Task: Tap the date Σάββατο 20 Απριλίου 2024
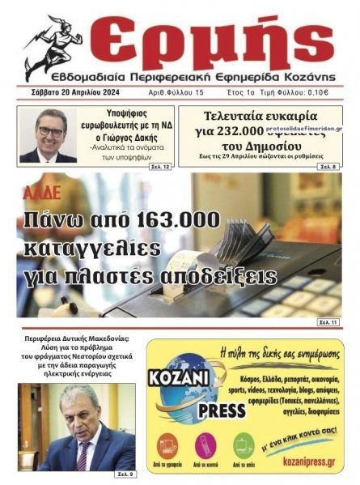click(68, 92)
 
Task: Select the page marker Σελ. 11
click(328, 323)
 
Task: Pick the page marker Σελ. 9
click(125, 473)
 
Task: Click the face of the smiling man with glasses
click(49, 130)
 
